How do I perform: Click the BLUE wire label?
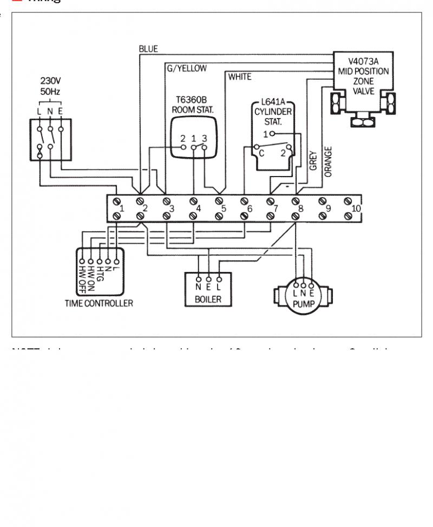pyautogui.click(x=148, y=49)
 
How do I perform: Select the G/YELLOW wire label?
pyautogui.click(x=186, y=68)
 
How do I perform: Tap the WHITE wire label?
pyautogui.click(x=239, y=77)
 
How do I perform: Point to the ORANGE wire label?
pyautogui.click(x=328, y=162)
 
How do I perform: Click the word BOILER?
pyautogui.click(x=208, y=299)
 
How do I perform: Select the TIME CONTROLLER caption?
pyautogui.click(x=99, y=303)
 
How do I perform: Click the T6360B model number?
pyautogui.click(x=193, y=100)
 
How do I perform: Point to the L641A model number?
pyautogui.click(x=273, y=102)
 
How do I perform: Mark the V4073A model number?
pyautogui.click(x=363, y=62)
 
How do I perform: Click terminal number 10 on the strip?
pyautogui.click(x=356, y=209)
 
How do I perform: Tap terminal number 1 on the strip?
pyautogui.click(x=122, y=209)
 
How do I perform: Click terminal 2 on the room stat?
pyautogui.click(x=183, y=138)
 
